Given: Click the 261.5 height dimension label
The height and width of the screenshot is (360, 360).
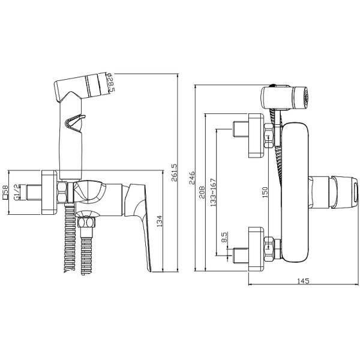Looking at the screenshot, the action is point(174,172).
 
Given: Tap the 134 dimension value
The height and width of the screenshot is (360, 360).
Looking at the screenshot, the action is point(160,221).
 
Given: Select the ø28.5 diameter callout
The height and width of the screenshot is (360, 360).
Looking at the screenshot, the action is point(110,83).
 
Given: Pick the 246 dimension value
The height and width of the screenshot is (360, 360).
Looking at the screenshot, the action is point(191,178).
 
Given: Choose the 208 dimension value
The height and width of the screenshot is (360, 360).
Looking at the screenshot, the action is point(202,193).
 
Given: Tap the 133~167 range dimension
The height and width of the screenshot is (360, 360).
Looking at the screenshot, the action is point(213,193).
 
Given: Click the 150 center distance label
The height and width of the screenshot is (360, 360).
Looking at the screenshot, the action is point(265,193).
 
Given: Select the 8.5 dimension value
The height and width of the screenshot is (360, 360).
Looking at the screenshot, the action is point(224,237).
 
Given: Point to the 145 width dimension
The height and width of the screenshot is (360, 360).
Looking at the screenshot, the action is point(303,281).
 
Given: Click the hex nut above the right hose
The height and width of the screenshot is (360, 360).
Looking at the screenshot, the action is point(86,222).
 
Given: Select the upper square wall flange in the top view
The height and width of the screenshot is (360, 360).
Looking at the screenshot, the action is point(256,136).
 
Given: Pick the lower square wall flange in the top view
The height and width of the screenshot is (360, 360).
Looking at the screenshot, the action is point(256,249).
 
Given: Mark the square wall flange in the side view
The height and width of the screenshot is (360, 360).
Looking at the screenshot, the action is point(49,193).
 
